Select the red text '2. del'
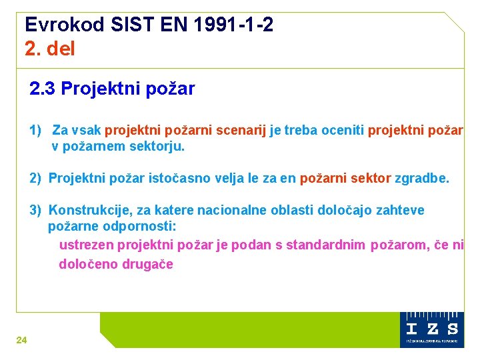[50, 49]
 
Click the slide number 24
[21, 340]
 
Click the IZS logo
[433, 328]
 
